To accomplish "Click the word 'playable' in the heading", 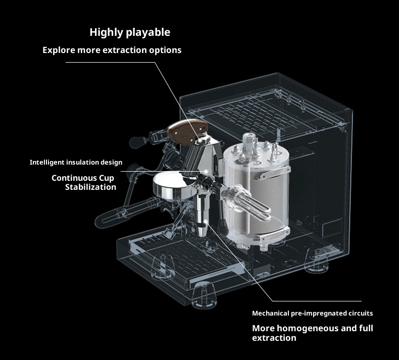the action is [x=148, y=32].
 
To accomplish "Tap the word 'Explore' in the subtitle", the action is [x=59, y=50].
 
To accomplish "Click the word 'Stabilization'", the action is [x=90, y=187].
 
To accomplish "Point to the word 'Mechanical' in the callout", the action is [x=270, y=313].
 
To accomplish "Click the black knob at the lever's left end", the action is [x=137, y=142].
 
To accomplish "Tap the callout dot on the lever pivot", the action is [x=201, y=140].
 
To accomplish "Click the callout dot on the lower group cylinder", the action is [x=205, y=221].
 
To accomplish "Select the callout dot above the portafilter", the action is [x=207, y=172].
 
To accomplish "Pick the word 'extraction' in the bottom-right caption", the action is [x=274, y=338].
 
